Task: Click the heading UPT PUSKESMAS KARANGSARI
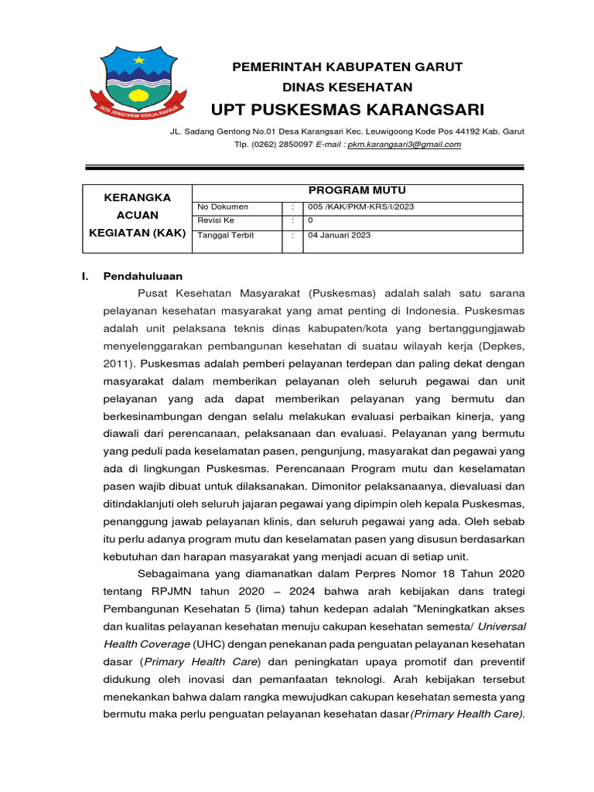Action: coord(347,108)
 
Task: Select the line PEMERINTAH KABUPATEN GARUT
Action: coord(347,67)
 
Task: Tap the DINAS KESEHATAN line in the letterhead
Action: coord(347,87)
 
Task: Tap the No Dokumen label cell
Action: coord(223,207)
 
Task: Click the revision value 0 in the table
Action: coord(310,220)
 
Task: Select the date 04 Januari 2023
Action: coord(339,235)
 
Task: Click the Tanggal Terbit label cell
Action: coord(226,235)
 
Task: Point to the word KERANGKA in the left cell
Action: coord(136,197)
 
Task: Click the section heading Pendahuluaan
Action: coord(142,275)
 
